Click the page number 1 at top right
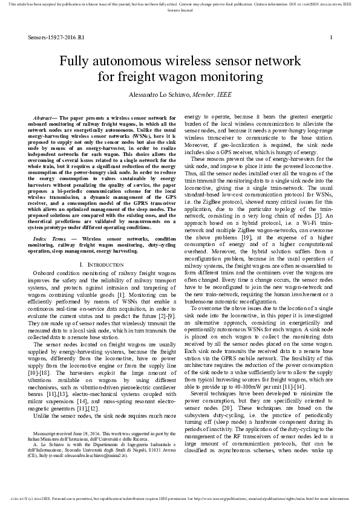pos(332,37)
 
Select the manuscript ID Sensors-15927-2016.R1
pos(56,37)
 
